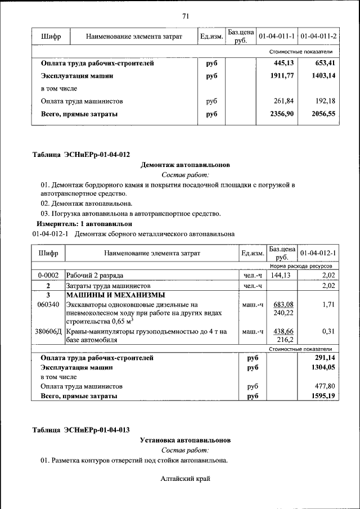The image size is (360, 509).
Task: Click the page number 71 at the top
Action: click(185, 15)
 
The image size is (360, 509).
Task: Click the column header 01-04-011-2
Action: click(318, 37)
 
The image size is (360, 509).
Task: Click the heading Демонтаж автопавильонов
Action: click(185, 165)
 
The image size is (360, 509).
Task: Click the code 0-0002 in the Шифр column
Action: click(48, 276)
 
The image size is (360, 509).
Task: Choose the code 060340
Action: click(48, 304)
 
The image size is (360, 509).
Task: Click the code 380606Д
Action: click(48, 332)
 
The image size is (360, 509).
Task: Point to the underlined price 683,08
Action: click(284, 304)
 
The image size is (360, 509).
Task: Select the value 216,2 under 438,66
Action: click(287, 341)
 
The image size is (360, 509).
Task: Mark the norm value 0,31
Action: click(329, 332)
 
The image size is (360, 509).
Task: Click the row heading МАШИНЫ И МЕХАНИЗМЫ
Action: click(115, 295)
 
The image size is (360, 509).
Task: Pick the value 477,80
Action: click(326, 386)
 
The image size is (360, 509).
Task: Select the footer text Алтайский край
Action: click(185, 479)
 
